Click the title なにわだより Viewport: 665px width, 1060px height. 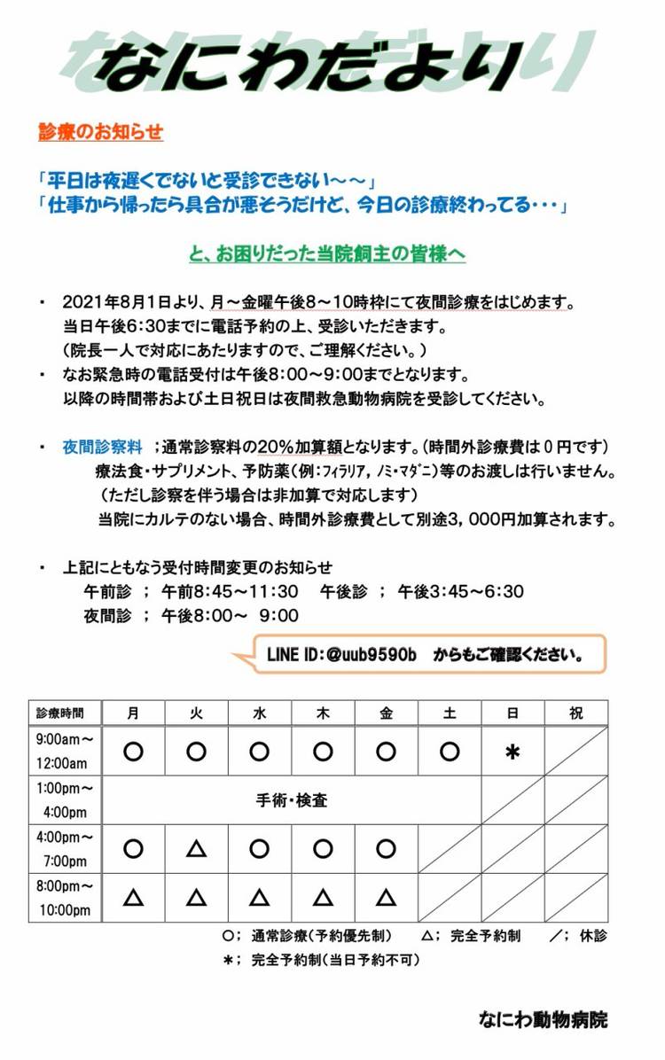coord(310,64)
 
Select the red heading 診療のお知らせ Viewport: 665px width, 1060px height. coord(101,132)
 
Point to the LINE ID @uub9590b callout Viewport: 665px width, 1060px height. coord(423,656)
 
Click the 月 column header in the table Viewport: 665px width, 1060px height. coord(133,713)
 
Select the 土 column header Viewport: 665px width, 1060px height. coord(449,713)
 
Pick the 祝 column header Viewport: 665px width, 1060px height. coord(575,713)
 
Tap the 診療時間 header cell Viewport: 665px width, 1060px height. coord(60,713)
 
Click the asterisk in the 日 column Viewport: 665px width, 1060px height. coord(512,752)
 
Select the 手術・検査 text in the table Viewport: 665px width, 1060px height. coord(292,800)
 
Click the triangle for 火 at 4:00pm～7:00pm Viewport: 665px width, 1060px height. coord(196,848)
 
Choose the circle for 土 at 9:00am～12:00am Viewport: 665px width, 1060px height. coord(449,752)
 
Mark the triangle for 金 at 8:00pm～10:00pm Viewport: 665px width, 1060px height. coord(386,898)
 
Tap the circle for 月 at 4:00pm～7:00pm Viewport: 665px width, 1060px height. coord(133,848)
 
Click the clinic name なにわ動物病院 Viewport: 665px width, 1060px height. coord(542,1019)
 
